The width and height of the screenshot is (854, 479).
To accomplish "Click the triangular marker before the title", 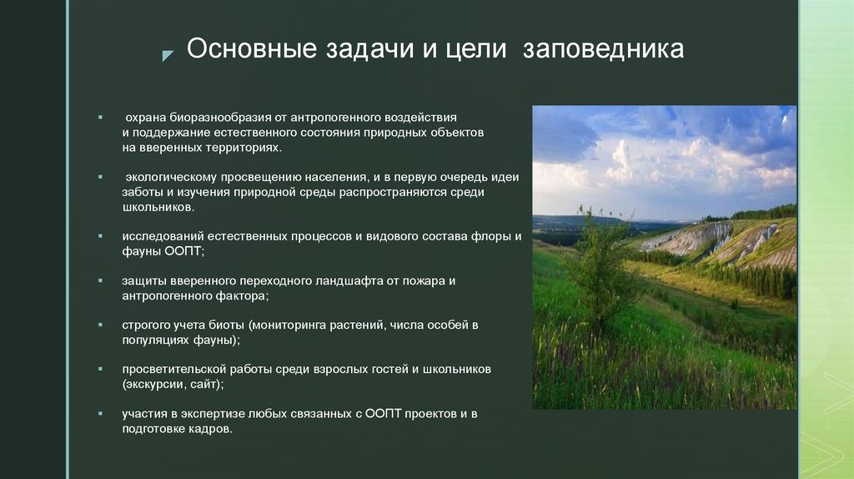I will pos(168,55).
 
